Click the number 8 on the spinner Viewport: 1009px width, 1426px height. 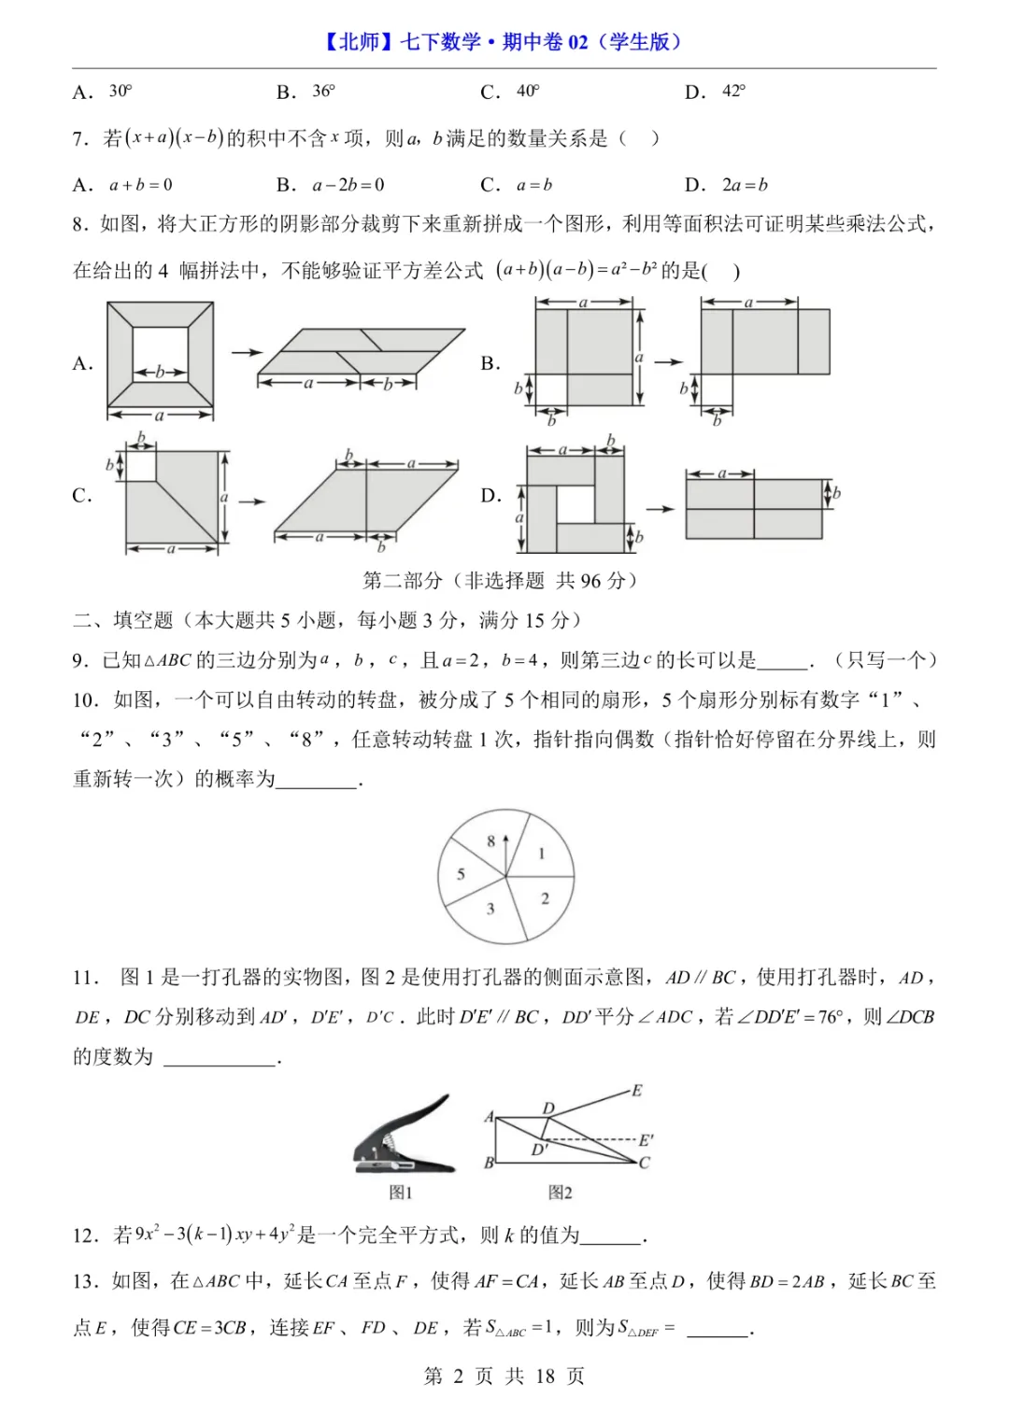[491, 841]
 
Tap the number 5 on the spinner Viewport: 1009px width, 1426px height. [461, 875]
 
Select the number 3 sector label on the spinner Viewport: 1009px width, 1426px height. [490, 909]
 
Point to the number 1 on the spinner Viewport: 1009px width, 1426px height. [542, 854]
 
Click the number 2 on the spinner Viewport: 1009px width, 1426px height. [545, 898]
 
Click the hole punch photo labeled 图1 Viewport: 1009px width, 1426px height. [405, 1135]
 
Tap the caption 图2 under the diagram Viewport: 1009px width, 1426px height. [560, 1193]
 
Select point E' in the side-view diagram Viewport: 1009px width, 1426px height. [646, 1140]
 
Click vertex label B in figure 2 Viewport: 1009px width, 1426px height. [489, 1163]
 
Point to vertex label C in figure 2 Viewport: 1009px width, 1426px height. [644, 1164]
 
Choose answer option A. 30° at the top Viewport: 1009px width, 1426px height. [103, 92]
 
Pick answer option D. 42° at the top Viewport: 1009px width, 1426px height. [715, 92]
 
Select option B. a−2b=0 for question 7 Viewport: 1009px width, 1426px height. [331, 185]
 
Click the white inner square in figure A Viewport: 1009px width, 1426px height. [160, 354]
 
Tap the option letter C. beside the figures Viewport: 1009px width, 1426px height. [82, 496]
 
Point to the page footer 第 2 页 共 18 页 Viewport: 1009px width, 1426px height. [504, 1376]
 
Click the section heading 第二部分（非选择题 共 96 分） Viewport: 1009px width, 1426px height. [503, 581]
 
